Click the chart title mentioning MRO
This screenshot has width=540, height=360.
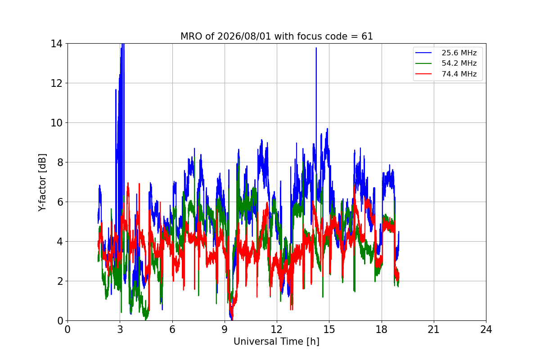coord(276,36)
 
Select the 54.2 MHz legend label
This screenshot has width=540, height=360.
coord(459,63)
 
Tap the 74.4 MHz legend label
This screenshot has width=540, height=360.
coord(459,74)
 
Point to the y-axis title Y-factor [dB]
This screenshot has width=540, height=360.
coord(42,182)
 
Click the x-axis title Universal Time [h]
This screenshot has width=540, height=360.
coord(276,342)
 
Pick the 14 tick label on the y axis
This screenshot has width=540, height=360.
coord(56,44)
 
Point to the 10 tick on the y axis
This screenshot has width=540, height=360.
coord(56,123)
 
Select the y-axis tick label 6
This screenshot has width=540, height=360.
coord(60,202)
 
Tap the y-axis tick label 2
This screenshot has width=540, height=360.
coord(60,281)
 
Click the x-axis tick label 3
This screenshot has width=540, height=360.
coord(120,329)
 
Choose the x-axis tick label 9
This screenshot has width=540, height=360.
coord(225,329)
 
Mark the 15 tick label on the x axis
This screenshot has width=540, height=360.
coord(329,329)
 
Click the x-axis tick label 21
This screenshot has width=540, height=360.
coord(434,329)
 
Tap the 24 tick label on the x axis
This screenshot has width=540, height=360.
coord(486,329)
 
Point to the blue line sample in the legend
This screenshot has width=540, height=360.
coord(423,53)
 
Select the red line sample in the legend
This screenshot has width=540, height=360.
coord(423,74)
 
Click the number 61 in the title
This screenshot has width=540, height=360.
coord(367,36)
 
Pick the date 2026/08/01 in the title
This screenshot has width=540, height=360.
coord(244,36)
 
